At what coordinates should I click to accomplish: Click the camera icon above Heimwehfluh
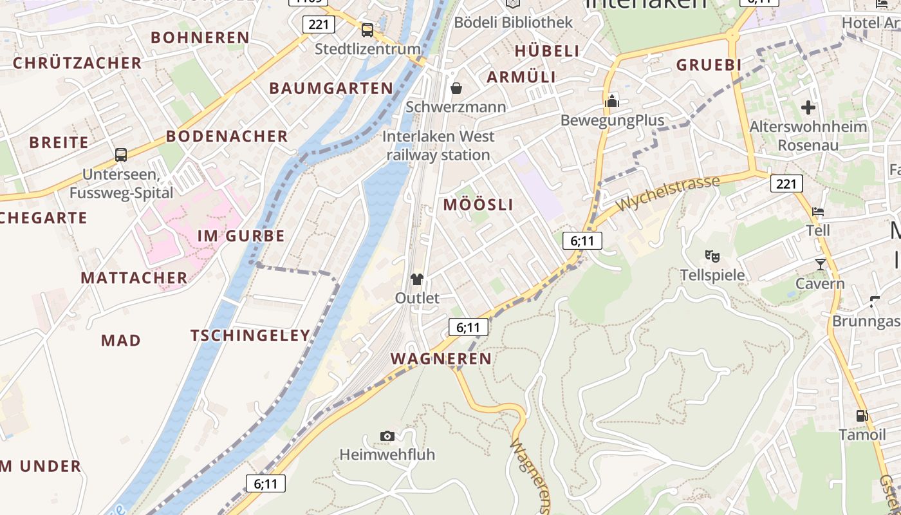point(387,436)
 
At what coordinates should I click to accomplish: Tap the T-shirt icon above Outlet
point(417,279)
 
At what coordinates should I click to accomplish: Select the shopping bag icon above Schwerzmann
point(456,88)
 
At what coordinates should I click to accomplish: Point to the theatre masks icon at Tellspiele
point(712,256)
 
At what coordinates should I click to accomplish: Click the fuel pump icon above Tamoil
point(862,416)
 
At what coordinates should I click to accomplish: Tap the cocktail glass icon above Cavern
point(820,264)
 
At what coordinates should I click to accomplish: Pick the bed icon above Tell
point(817,211)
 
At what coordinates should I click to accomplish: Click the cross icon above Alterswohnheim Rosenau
point(808,108)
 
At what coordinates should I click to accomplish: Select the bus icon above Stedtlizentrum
point(367,30)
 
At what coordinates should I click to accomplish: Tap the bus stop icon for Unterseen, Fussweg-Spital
point(120,154)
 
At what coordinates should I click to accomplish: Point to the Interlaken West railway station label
point(438,145)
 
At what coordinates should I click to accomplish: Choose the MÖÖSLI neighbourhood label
point(478,205)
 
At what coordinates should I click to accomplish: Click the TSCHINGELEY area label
point(250,335)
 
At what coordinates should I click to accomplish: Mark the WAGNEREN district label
point(441,359)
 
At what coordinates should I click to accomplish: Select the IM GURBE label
point(241,236)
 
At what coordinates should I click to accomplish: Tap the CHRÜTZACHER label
point(77,63)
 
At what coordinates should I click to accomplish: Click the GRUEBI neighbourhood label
point(709,65)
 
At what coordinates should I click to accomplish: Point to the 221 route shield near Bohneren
point(318,24)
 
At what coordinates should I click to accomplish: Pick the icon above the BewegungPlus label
point(611,101)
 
